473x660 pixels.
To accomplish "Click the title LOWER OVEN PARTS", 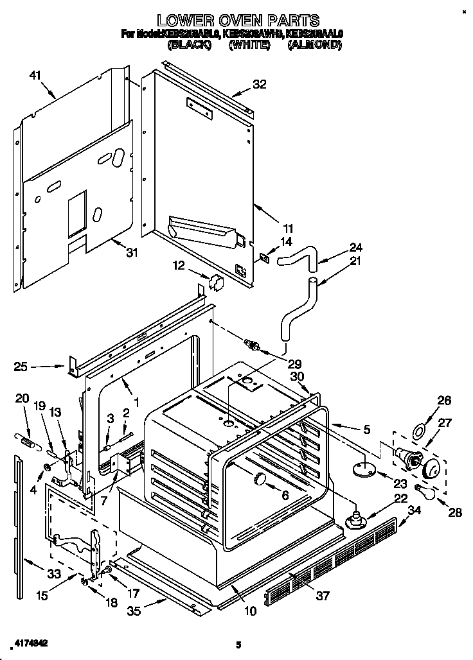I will [x=238, y=21].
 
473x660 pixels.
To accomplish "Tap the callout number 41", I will [x=35, y=76].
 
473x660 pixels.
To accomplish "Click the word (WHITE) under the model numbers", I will [x=248, y=45].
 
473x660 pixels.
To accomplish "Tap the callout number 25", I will [x=21, y=367].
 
